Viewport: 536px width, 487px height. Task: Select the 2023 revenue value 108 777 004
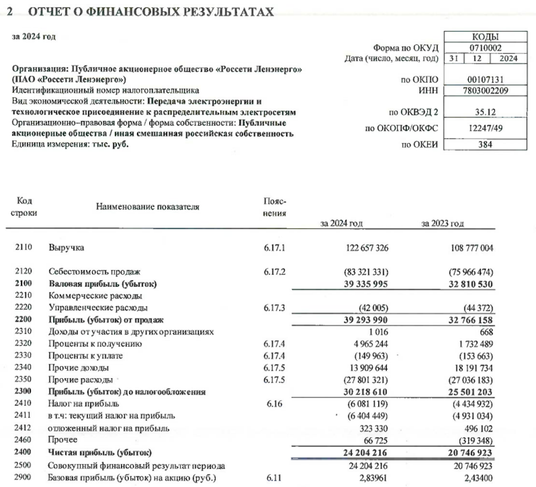tap(464, 248)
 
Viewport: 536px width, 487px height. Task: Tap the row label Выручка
tap(66, 248)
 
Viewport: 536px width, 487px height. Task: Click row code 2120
tap(24, 272)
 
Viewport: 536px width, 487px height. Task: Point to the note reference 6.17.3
tap(275, 308)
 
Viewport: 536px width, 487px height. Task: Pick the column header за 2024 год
tap(342, 223)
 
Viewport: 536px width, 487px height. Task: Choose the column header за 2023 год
tap(444, 223)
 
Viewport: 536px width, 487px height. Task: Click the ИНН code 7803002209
tap(484, 90)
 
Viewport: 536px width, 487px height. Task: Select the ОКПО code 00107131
tap(484, 79)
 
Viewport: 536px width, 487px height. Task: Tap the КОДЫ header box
tap(484, 37)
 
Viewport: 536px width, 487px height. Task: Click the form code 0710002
tap(484, 48)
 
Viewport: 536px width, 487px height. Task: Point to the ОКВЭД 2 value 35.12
tap(484, 113)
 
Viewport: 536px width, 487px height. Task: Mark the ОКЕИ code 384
tap(484, 145)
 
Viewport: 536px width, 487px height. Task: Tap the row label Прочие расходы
tap(81, 380)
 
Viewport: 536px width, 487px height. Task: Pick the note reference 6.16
tap(275, 404)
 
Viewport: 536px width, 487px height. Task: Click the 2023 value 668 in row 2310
tap(483, 332)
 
